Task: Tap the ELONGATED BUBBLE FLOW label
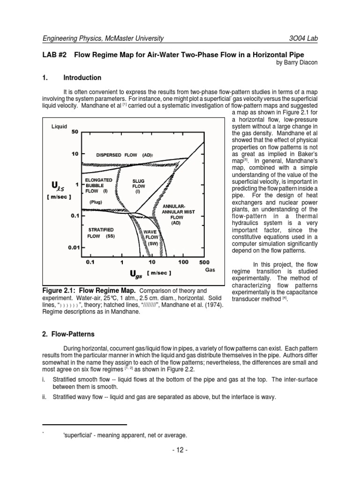click(98, 185)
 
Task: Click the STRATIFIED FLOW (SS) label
click(101, 233)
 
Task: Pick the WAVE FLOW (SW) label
click(152, 237)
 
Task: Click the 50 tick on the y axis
click(75, 132)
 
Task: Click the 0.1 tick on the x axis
click(90, 262)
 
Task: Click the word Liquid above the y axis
click(59, 126)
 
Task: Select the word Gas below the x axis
click(211, 270)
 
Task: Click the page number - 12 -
click(180, 450)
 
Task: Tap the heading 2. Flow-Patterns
click(68, 334)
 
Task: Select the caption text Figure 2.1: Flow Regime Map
click(87, 291)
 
